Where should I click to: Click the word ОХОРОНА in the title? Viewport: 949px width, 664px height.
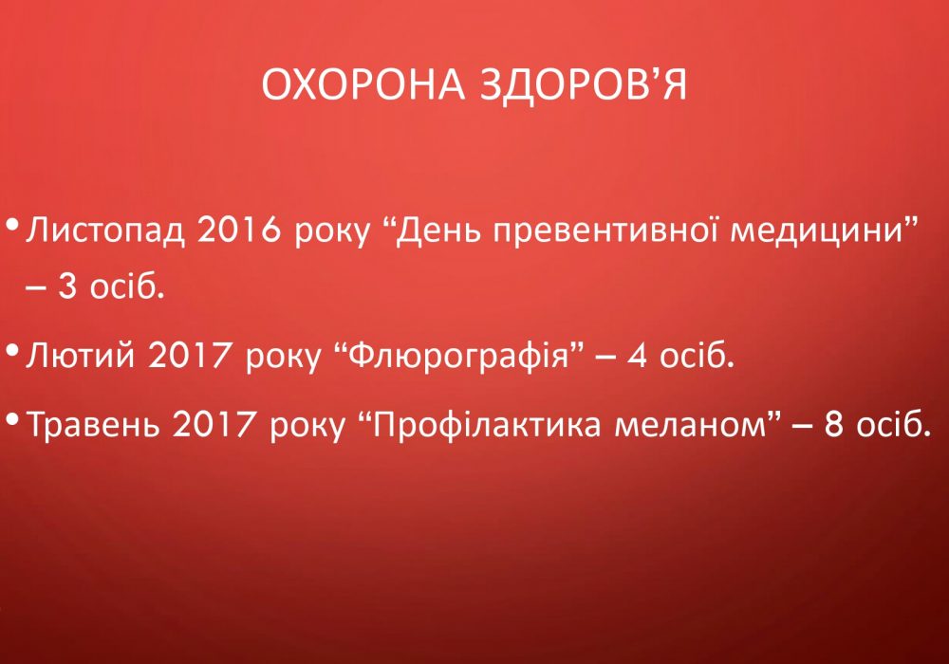(x=363, y=85)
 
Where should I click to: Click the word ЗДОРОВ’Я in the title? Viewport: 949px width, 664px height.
(x=584, y=85)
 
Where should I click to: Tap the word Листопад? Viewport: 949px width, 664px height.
(x=104, y=232)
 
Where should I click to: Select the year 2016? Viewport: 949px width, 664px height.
(x=239, y=231)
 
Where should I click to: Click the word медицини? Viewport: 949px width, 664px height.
(x=817, y=232)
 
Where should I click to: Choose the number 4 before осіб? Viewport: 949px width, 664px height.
(x=637, y=355)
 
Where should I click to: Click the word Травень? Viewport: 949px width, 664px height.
(x=94, y=425)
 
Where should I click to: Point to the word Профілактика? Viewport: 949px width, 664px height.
(x=486, y=425)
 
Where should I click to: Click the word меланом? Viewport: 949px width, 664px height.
(x=690, y=426)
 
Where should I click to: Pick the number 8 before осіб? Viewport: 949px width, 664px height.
(x=834, y=425)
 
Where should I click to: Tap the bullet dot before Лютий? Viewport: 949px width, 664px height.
(x=12, y=350)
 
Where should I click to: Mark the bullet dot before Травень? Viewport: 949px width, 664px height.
(x=12, y=419)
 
